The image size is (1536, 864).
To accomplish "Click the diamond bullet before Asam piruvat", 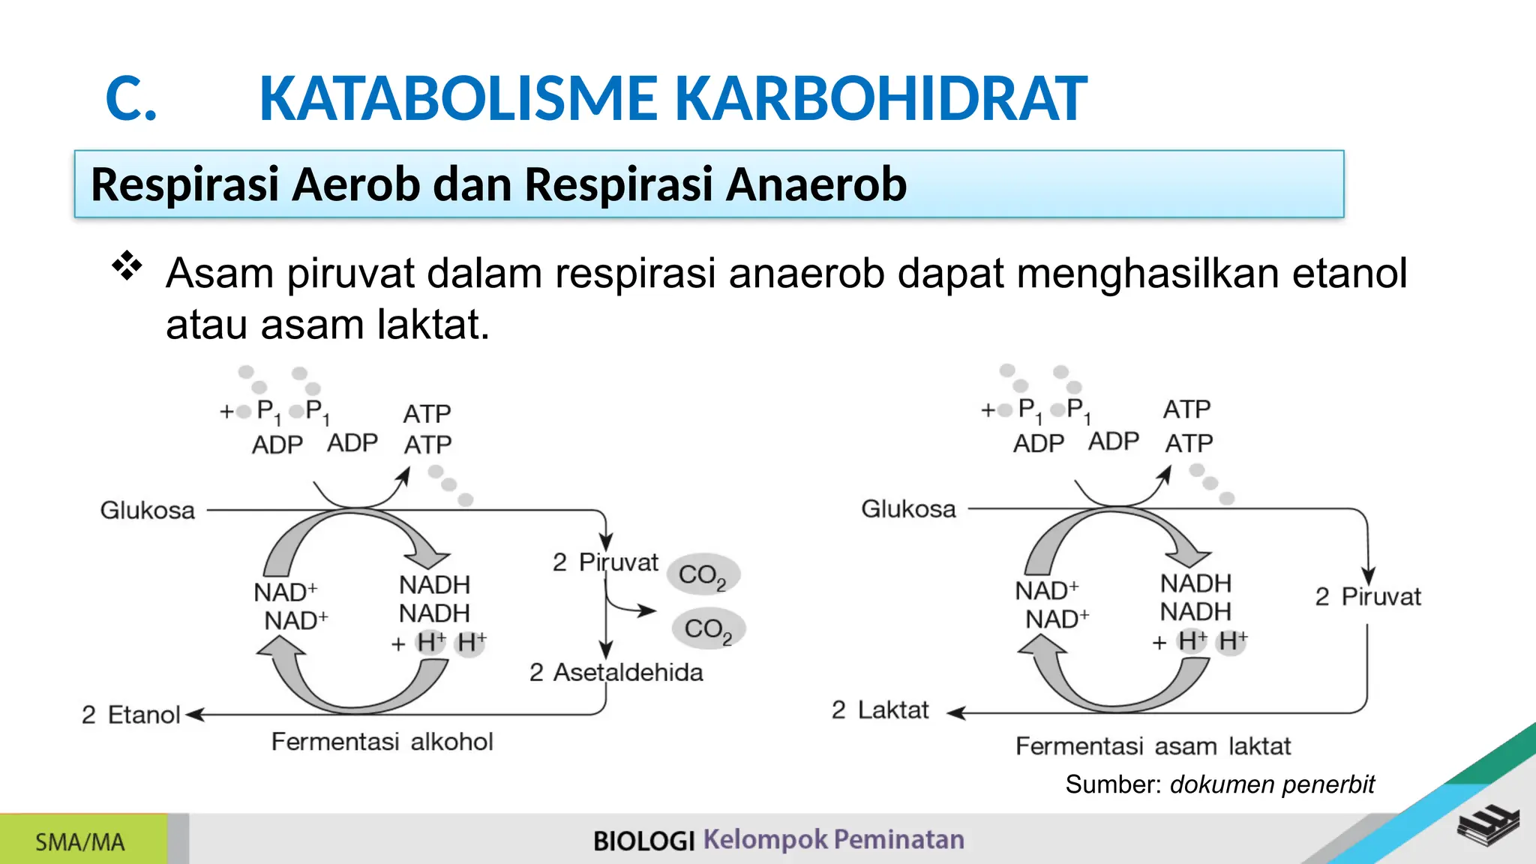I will tap(127, 266).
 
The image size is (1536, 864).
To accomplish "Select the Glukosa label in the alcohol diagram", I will tap(148, 511).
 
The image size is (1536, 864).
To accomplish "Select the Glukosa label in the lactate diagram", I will tap(908, 509).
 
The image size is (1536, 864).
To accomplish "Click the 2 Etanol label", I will tap(131, 715).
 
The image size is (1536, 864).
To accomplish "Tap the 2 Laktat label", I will tap(880, 709).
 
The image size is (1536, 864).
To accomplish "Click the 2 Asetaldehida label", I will tap(616, 672).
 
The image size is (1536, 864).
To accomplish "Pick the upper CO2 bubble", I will tap(703, 575).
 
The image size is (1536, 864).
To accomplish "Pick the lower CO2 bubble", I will tap(708, 628).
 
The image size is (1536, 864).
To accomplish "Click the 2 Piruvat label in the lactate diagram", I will tap(1368, 597).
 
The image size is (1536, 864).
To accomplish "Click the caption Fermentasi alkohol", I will tap(382, 742).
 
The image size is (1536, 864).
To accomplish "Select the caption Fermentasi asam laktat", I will tap(1153, 746).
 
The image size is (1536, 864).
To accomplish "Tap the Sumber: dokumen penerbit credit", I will tap(1219, 784).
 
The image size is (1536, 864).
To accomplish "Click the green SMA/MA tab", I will tap(81, 841).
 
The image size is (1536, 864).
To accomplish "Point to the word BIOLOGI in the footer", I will tap(644, 841).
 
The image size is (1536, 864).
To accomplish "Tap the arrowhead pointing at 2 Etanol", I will tap(194, 715).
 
